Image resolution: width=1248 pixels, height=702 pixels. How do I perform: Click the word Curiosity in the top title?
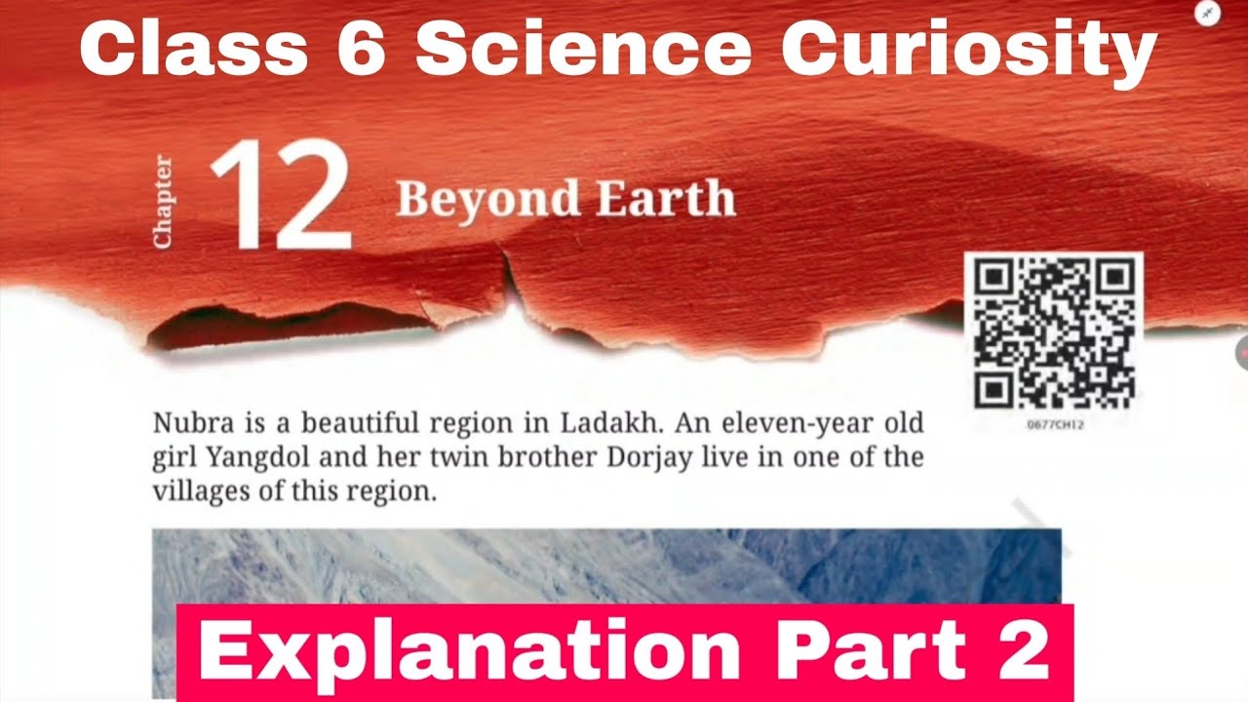pyautogui.click(x=968, y=51)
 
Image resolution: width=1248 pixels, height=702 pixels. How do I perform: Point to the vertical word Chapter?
pyautogui.click(x=162, y=201)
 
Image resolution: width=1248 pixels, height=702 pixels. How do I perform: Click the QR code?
pyautogui.click(x=1053, y=331)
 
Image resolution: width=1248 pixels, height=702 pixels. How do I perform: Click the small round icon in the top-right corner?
pyautogui.click(x=1207, y=14)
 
